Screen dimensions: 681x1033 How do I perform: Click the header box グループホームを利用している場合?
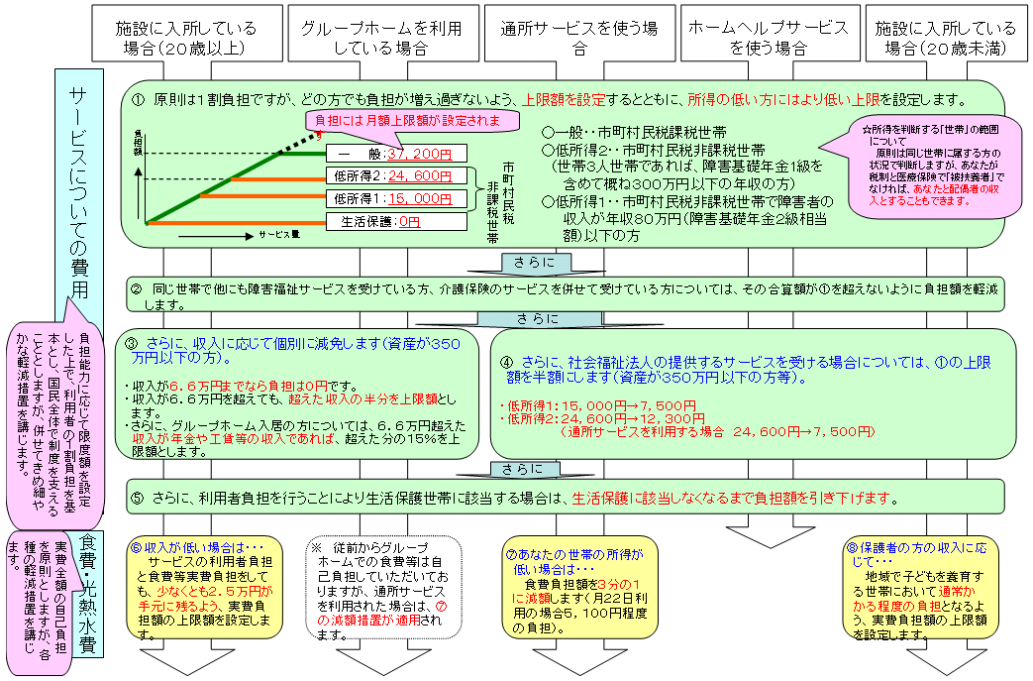(x=380, y=37)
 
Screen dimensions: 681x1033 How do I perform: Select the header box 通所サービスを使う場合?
(x=579, y=37)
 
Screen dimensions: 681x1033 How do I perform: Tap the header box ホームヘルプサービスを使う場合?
(x=769, y=37)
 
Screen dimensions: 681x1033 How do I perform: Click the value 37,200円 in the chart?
(x=420, y=154)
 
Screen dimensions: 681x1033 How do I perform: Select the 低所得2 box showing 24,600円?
(x=394, y=176)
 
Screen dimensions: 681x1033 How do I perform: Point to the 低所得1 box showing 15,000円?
(x=394, y=199)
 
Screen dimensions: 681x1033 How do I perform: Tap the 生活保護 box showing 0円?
(x=394, y=222)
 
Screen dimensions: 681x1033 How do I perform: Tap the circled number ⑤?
(x=138, y=498)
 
